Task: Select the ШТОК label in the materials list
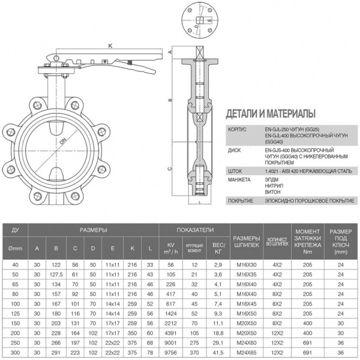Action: (236, 170)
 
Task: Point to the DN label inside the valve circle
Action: (62, 142)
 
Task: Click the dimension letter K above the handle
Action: (110, 46)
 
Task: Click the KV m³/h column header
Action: (170, 247)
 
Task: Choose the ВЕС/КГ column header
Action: (218, 247)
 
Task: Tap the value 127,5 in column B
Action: (56, 273)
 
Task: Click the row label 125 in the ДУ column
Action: (16, 313)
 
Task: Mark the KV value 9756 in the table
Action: (170, 354)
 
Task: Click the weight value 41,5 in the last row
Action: (218, 354)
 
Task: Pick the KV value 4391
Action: (170, 332)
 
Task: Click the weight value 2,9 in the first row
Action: (218, 265)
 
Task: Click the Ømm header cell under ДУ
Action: (16, 247)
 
